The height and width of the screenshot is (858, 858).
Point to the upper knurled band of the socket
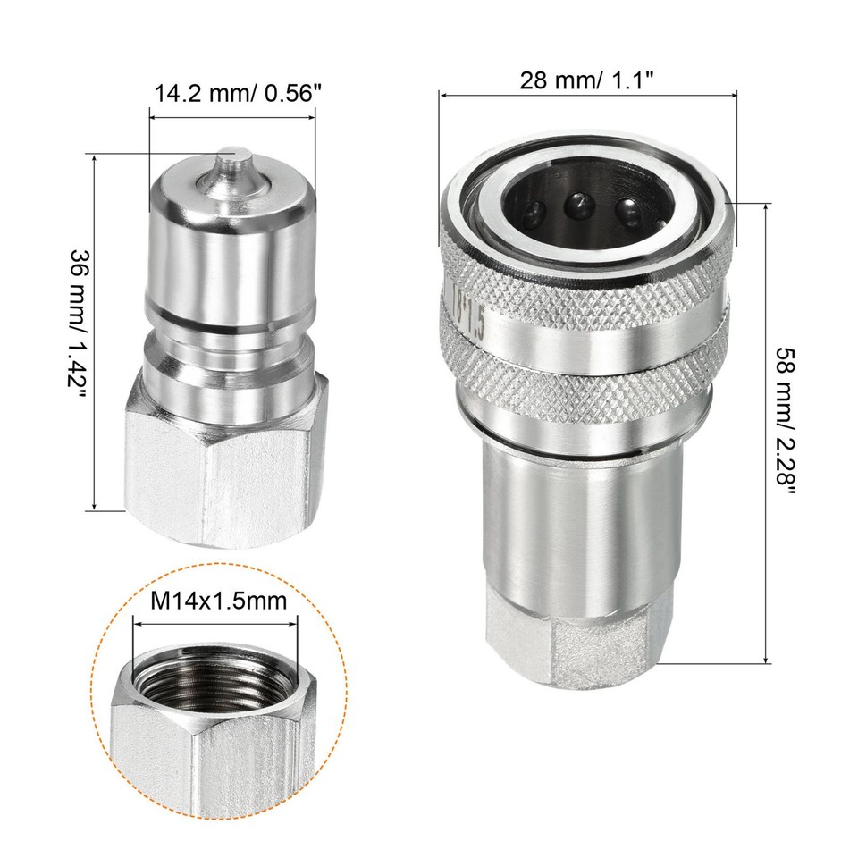(x=590, y=295)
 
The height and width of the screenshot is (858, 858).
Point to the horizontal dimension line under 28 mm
(x=588, y=93)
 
